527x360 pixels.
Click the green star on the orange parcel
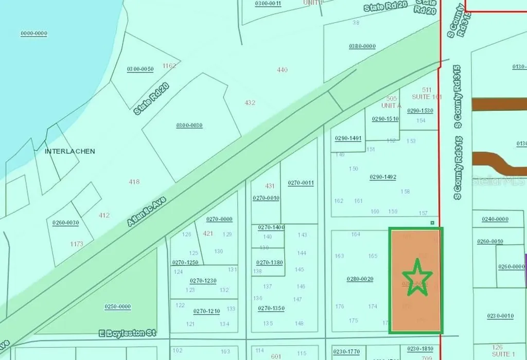[417, 278]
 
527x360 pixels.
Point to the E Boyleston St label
[127, 333]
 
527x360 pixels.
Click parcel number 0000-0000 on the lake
[34, 33]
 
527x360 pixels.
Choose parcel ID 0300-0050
[140, 69]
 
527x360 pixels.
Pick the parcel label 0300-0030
[189, 125]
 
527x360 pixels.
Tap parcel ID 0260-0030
[65, 222]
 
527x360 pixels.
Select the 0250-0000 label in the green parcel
[118, 307]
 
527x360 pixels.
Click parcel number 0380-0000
[362, 46]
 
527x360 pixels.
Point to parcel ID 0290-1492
[383, 177]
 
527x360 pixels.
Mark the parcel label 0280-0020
[360, 279]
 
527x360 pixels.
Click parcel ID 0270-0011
[301, 183]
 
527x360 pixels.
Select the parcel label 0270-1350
[271, 308]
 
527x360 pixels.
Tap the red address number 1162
[169, 66]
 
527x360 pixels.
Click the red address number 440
[282, 70]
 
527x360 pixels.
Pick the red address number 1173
[77, 244]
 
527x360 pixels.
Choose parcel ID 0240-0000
[495, 219]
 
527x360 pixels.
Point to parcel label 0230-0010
[500, 316]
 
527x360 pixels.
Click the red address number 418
[134, 182]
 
